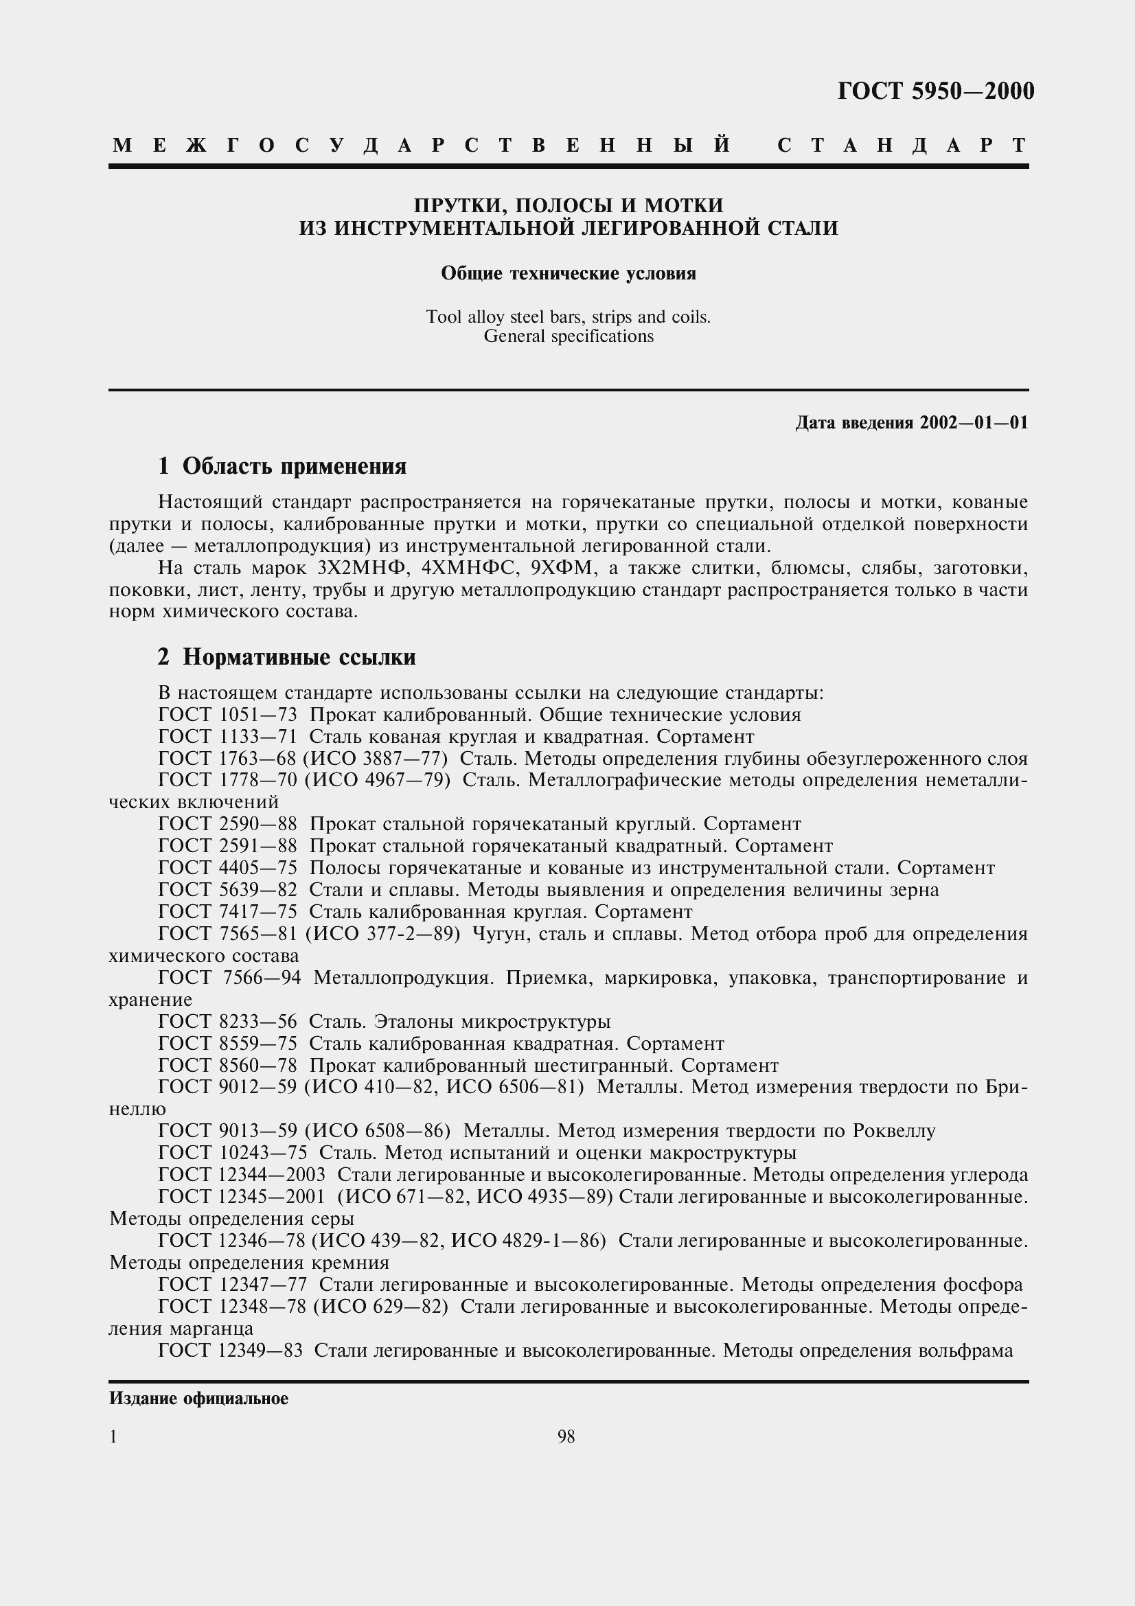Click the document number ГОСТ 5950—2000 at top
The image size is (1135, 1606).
(x=936, y=91)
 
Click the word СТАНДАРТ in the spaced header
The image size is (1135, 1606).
(x=902, y=145)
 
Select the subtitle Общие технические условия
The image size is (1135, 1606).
(x=568, y=273)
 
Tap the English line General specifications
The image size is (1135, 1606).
(x=568, y=336)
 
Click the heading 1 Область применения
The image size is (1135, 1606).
(x=282, y=466)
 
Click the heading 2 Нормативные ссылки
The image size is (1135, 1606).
(x=287, y=657)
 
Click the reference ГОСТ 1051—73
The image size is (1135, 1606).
(x=228, y=715)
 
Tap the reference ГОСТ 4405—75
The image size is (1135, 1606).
(x=228, y=868)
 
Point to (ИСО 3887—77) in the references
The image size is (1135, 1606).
(x=376, y=759)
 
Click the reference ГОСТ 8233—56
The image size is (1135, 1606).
(x=228, y=1022)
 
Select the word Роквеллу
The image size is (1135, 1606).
(x=892, y=1131)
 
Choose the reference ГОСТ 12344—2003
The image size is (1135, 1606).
(x=242, y=1175)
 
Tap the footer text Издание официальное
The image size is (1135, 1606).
(x=198, y=1399)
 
